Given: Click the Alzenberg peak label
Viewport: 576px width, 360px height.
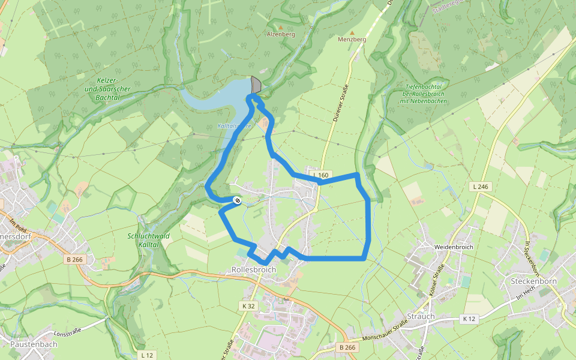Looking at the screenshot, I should tap(281, 35).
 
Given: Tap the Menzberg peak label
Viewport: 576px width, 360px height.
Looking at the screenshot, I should tap(352, 39).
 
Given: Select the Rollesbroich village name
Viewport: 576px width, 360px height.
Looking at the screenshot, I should tap(254, 270).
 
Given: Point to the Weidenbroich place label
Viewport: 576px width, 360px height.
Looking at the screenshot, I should tap(454, 247).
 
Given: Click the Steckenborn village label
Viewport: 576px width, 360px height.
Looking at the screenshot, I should tap(533, 281).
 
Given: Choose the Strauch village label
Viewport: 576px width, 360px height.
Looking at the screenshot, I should tap(420, 316).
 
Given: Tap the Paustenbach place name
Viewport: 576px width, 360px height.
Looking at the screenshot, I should tap(34, 344).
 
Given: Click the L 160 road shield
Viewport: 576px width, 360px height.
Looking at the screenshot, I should tap(321, 175).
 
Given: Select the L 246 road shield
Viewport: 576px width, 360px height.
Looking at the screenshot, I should tap(481, 187).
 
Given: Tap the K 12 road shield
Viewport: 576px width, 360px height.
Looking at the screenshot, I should tap(469, 319).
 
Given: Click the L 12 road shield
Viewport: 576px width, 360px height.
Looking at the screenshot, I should tap(146, 355).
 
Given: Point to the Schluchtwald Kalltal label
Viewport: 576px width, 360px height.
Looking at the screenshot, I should tap(149, 241).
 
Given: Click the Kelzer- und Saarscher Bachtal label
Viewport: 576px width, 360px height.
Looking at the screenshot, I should tap(109, 88).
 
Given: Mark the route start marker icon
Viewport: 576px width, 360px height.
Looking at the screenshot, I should tap(238, 200).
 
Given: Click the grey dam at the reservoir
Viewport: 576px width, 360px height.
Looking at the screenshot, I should tap(256, 85).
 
